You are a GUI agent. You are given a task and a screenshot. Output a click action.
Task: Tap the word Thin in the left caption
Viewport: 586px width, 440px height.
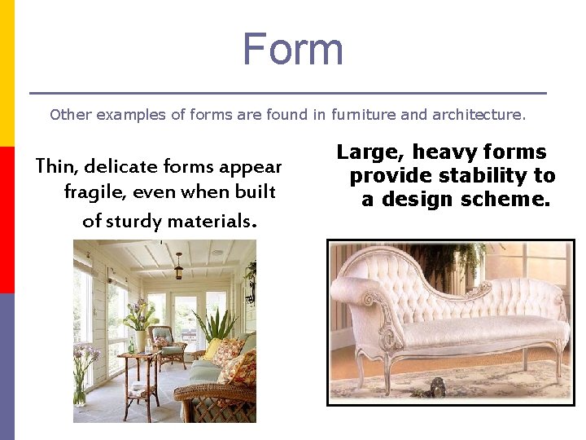click(55, 167)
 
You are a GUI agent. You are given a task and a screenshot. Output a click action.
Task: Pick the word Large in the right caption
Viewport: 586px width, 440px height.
click(371, 152)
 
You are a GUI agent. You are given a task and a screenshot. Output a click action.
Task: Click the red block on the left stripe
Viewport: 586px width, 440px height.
click(7, 220)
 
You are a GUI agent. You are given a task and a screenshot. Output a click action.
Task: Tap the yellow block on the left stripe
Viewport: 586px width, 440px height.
click(7, 73)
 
